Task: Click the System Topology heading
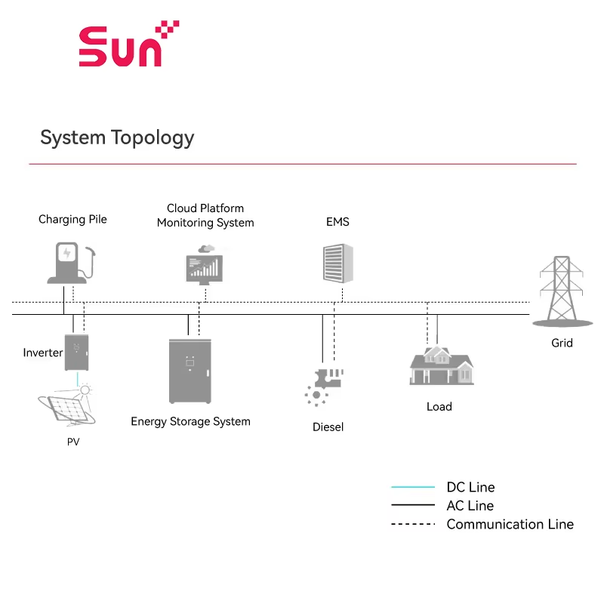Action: coord(117,137)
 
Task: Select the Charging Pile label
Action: coord(72,219)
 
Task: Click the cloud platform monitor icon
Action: coord(204,264)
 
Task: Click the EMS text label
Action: coord(337,222)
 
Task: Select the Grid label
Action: coord(562,343)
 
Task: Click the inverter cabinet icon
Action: coord(76,353)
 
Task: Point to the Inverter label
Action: coord(42,353)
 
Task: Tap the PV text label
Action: coord(73,442)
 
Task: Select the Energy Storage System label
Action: coord(190,421)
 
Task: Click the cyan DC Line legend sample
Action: coord(413,487)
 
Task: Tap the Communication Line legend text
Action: coord(510,524)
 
